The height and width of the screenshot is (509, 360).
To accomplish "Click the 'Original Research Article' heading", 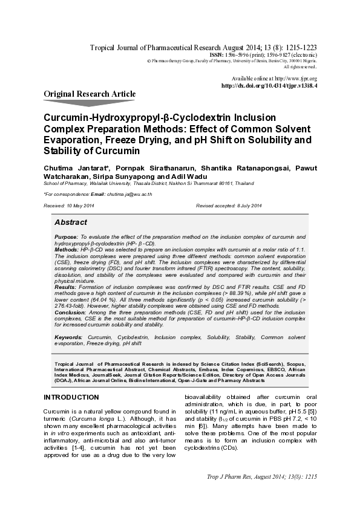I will pos(90,94).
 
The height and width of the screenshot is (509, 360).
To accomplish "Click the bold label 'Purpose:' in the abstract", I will pos(66,237).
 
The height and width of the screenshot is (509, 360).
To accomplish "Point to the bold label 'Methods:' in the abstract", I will pos(67,249).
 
